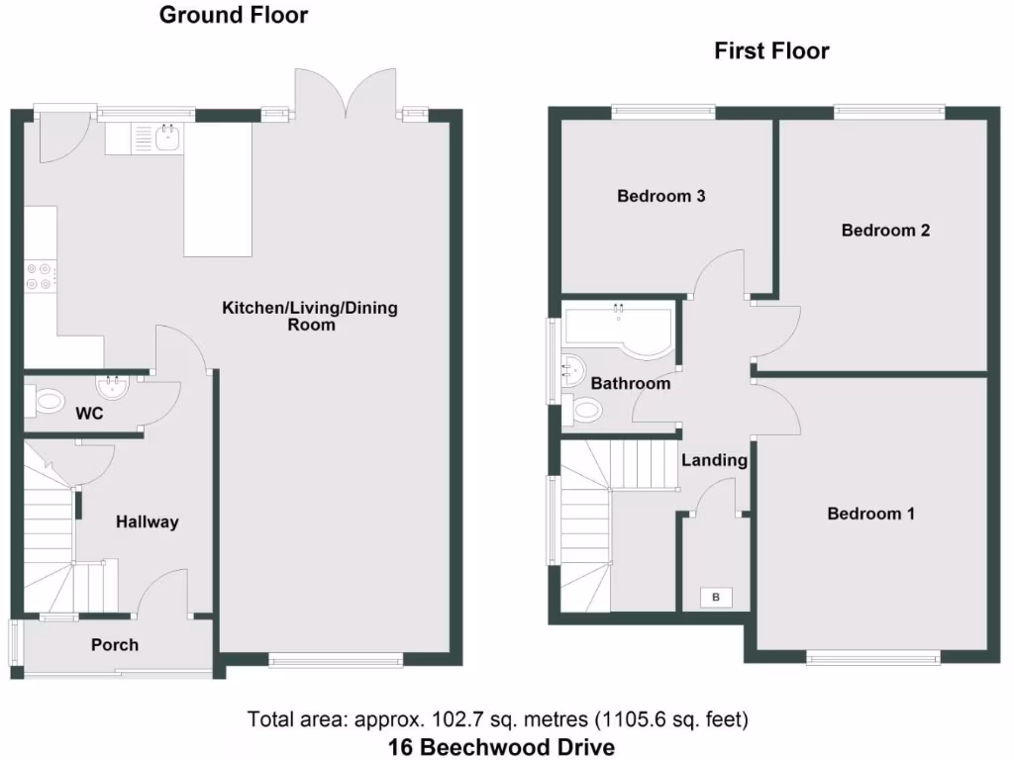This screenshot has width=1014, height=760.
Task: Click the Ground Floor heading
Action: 234,15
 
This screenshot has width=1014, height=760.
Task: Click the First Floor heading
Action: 771,50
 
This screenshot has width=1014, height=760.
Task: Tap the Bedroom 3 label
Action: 660,196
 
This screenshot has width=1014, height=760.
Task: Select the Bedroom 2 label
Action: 885,231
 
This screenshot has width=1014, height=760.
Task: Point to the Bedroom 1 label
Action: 870,514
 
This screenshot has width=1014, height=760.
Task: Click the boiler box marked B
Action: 715,597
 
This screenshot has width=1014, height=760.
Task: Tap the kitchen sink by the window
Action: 166,139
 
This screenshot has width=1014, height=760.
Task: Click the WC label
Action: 90,414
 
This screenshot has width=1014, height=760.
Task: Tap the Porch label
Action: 115,645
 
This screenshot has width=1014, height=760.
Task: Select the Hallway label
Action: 147,522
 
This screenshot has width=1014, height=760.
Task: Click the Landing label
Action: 714,460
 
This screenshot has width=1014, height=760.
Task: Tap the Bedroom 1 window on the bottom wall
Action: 872,656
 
